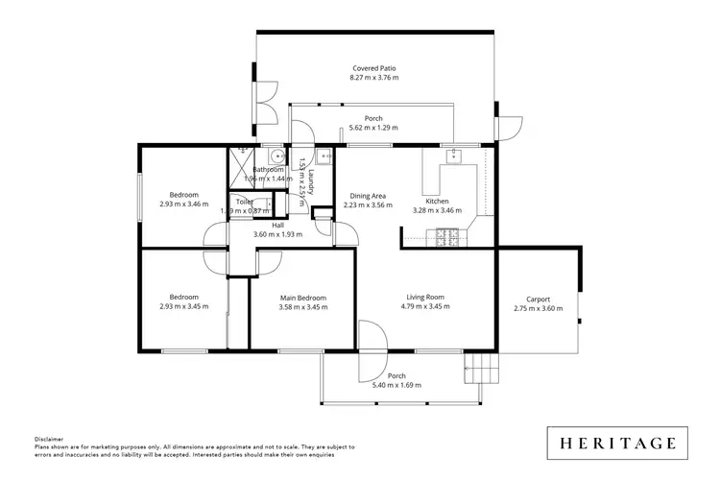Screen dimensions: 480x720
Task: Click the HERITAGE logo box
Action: click(x=618, y=444)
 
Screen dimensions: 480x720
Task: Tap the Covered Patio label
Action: click(x=373, y=69)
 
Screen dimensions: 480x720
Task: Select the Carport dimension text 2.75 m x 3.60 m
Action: click(x=538, y=308)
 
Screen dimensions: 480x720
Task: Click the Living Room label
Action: click(x=424, y=298)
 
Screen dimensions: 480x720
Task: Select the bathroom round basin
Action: click(x=275, y=156)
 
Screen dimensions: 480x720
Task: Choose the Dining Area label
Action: click(x=369, y=195)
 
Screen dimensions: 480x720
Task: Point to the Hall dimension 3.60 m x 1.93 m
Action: click(x=277, y=233)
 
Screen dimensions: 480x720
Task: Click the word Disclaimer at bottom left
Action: click(x=50, y=439)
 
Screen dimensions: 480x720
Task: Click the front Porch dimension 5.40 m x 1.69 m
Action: click(x=396, y=386)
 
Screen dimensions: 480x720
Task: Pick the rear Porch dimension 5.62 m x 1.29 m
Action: click(x=372, y=127)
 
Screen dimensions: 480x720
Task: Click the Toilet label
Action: click(x=245, y=203)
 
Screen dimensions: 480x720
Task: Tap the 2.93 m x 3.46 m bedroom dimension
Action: click(x=183, y=204)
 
